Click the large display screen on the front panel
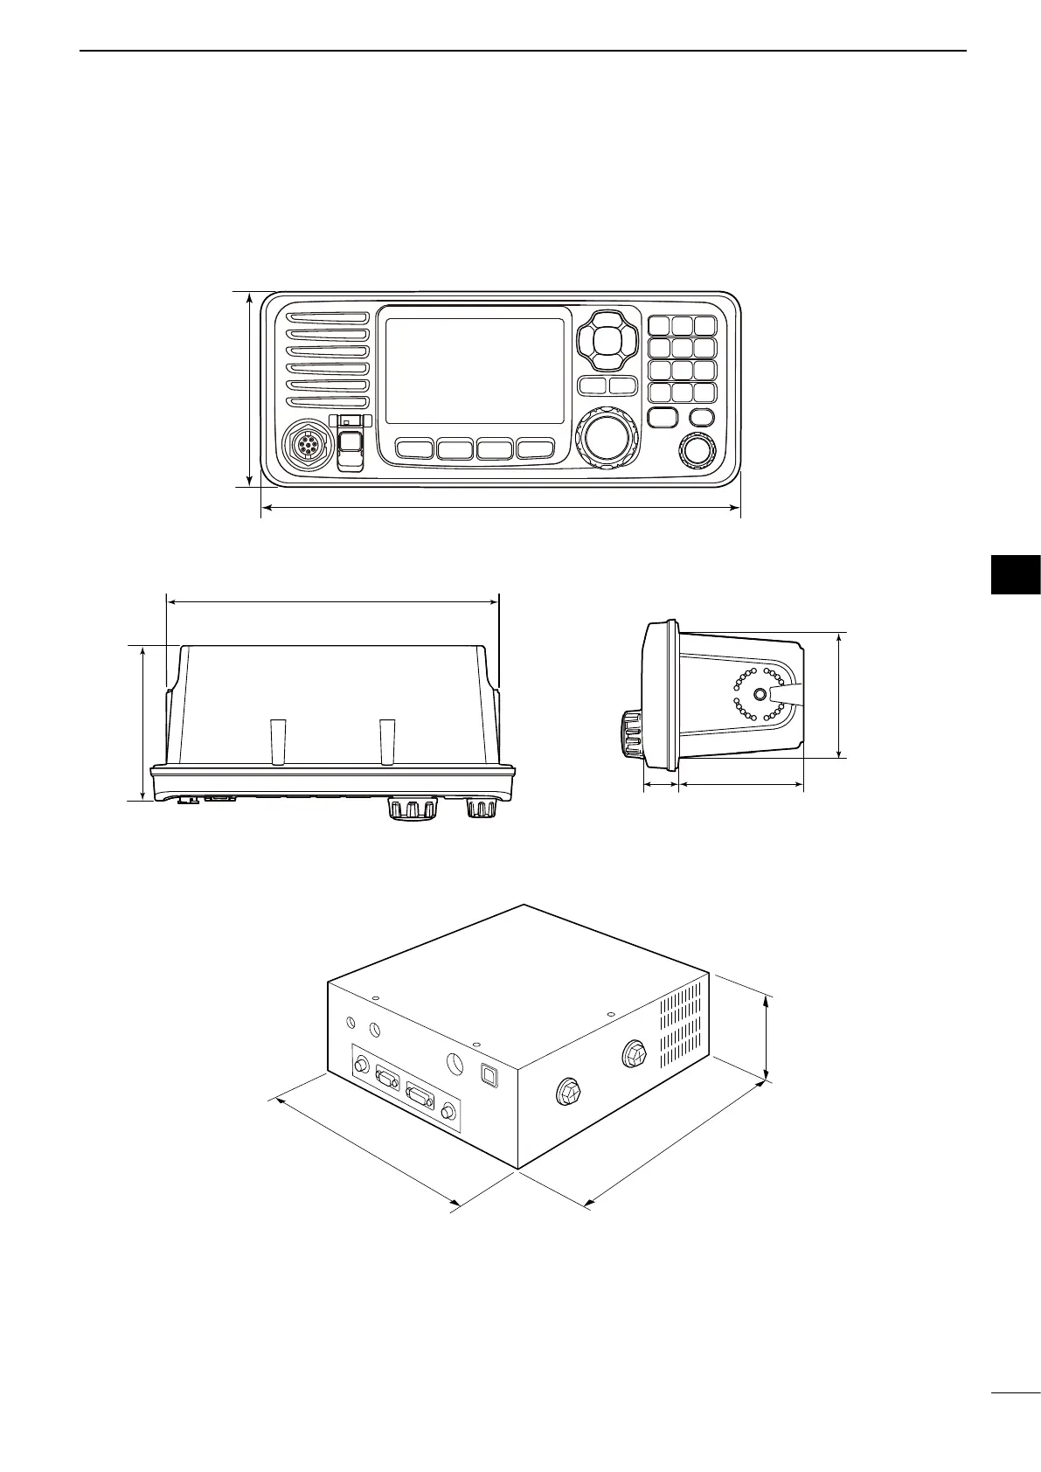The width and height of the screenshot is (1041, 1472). (x=474, y=371)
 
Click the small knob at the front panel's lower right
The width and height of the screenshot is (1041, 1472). (x=697, y=451)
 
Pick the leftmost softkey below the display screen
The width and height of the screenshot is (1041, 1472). (x=414, y=449)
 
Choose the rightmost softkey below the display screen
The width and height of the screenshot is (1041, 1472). (x=535, y=449)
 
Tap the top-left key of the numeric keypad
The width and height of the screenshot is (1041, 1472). (x=660, y=326)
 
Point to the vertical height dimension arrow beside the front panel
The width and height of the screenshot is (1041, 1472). (x=251, y=389)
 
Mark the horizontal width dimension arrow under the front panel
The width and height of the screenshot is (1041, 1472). (x=501, y=507)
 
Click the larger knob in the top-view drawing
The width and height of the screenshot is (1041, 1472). (x=411, y=809)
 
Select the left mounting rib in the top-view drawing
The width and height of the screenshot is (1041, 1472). (x=278, y=741)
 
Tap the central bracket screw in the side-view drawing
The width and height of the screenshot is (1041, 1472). (x=759, y=694)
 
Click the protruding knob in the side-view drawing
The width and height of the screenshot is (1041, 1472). (x=631, y=732)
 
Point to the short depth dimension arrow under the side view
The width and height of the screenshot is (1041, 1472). (x=661, y=785)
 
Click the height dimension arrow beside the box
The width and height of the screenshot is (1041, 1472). (x=767, y=1038)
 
